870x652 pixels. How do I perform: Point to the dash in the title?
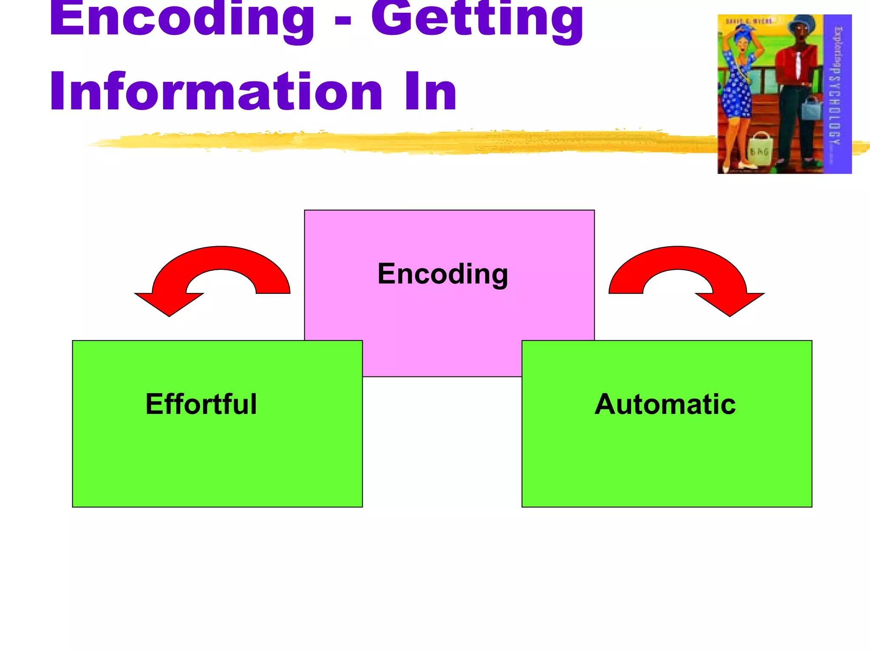point(343,21)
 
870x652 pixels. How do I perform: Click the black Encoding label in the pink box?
point(443,274)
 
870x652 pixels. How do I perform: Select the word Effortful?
point(201,404)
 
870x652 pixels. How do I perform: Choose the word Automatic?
point(665,404)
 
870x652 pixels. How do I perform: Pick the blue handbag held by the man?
point(812,109)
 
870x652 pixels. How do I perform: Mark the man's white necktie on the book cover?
point(798,64)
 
